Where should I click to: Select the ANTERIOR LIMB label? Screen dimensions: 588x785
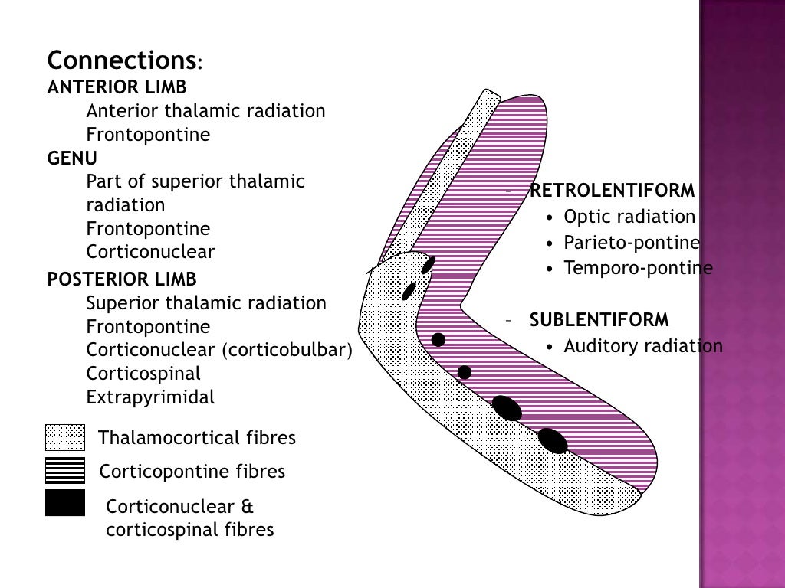coord(117,87)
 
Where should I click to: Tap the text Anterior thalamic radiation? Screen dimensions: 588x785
coord(205,111)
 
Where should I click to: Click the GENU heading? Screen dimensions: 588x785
coord(72,158)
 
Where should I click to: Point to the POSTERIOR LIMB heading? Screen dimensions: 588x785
coord(122,279)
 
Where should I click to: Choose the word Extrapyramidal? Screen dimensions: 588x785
coord(150,397)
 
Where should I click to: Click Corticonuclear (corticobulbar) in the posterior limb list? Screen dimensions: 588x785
coord(219,350)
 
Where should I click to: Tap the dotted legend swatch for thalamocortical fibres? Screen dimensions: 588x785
coord(65,438)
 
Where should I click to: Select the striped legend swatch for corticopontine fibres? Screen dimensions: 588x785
coord(65,470)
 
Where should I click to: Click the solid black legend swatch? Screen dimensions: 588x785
coord(65,502)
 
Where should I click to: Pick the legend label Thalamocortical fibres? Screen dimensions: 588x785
coord(197,438)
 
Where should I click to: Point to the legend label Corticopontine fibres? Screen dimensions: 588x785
coord(192,472)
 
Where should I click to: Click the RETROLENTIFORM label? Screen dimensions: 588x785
coord(612,191)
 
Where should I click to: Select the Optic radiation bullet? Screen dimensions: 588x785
coord(629,217)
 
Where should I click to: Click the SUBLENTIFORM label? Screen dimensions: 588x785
coord(599,319)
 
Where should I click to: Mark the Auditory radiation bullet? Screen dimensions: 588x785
coord(643,346)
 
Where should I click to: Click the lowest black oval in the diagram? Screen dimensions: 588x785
coord(552,440)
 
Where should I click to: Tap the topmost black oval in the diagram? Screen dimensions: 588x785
coord(428,265)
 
